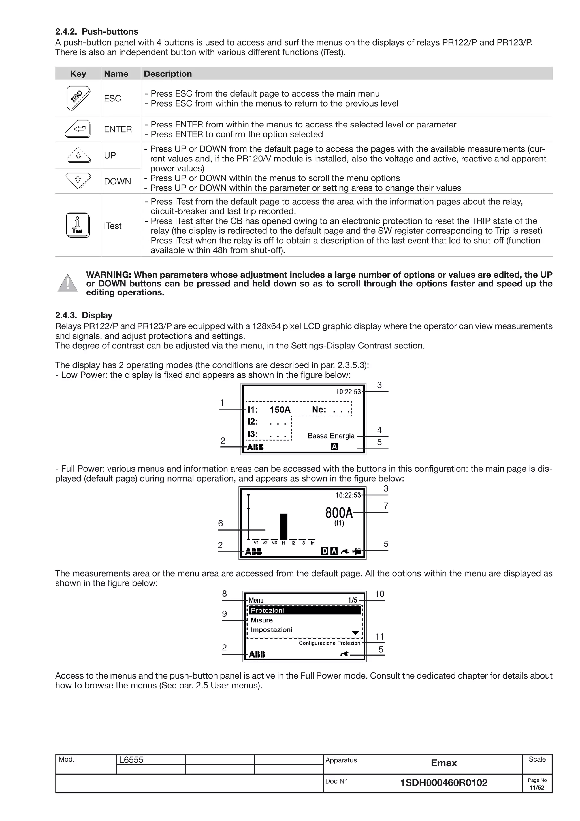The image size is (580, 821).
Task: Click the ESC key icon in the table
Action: (78, 98)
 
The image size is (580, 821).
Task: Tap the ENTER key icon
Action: (78, 129)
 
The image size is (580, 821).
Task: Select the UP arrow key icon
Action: (78, 156)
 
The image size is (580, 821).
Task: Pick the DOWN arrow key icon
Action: (78, 180)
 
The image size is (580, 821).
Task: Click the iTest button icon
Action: (78, 225)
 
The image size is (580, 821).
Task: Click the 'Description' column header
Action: (168, 74)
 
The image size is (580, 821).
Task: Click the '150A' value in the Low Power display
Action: (280, 410)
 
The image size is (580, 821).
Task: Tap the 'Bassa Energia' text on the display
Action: (331, 436)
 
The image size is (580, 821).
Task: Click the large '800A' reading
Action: (339, 513)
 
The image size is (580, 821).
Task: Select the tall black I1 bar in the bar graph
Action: (283, 526)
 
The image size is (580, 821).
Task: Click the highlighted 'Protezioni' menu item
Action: (267, 611)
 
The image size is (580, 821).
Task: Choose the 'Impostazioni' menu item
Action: (271, 630)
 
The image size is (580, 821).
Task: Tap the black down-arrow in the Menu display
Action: (355, 633)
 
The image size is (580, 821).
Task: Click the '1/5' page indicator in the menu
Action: (352, 600)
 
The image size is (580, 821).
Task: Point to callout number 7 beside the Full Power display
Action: (386, 506)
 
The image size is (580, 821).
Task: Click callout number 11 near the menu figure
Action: (379, 637)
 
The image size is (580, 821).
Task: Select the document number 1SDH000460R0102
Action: (443, 783)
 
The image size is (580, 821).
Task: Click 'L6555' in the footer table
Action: (131, 760)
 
